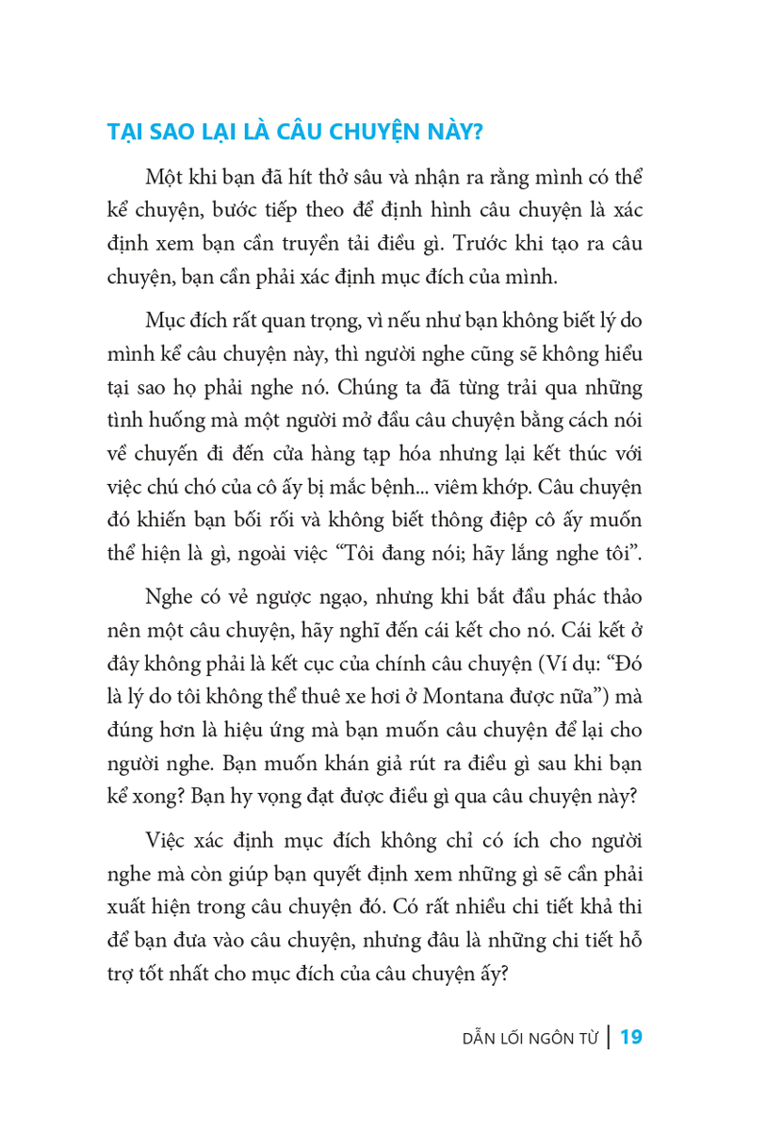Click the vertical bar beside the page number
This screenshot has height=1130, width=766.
tap(609, 1038)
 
